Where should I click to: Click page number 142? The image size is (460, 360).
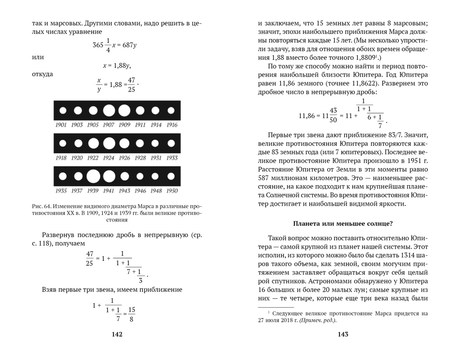pyautogui.click(x=117, y=334)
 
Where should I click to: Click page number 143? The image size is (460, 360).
pyautogui.click(x=343, y=334)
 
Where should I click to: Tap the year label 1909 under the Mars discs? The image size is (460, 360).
pyautogui.click(x=124, y=125)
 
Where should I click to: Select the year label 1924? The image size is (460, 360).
pyautogui.click(x=108, y=158)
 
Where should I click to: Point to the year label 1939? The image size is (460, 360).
pyautogui.click(x=93, y=191)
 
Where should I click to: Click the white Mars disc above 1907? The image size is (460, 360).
pyautogui.click(x=109, y=110)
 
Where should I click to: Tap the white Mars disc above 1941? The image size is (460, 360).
pyautogui.click(x=109, y=176)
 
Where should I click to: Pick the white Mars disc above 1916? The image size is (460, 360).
pyautogui.click(x=171, y=110)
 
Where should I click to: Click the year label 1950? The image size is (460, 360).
pyautogui.click(x=171, y=191)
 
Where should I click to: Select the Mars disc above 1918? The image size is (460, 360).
pyautogui.click(x=63, y=143)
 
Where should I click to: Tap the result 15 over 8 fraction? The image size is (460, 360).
pyautogui.click(x=131, y=314)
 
